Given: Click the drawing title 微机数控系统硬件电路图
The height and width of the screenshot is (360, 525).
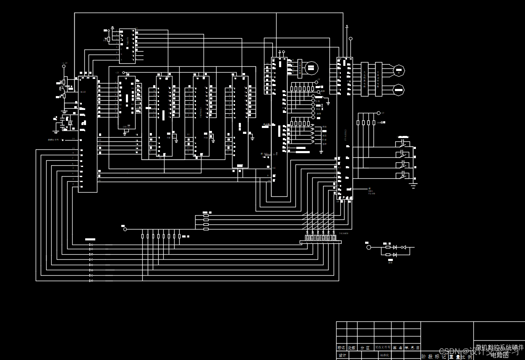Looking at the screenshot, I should click(499, 351).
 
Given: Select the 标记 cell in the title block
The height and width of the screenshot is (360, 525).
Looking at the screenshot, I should click(341, 348).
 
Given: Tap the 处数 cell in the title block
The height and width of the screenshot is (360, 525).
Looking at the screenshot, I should click(352, 348).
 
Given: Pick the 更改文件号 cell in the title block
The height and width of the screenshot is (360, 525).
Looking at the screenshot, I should click(382, 348).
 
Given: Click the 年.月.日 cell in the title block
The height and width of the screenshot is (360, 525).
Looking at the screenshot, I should click(412, 348).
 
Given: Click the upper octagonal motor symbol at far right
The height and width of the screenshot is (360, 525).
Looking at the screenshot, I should click(399, 71).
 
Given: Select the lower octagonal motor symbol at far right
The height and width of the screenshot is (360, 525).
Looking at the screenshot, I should click(399, 89).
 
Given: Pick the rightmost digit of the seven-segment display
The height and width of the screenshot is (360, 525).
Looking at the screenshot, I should click(334, 238).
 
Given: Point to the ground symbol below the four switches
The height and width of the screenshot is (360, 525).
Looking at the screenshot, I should click(413, 185).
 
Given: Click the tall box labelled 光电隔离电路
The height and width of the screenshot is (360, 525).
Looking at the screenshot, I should click(365, 79).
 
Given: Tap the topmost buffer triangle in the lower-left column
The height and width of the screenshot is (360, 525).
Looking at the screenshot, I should click(91, 245).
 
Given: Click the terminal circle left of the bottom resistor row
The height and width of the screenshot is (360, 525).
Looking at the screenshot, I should click(125, 229).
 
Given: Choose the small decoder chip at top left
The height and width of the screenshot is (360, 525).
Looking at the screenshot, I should click(127, 46).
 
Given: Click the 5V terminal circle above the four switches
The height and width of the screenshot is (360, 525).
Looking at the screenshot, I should click(379, 113).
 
